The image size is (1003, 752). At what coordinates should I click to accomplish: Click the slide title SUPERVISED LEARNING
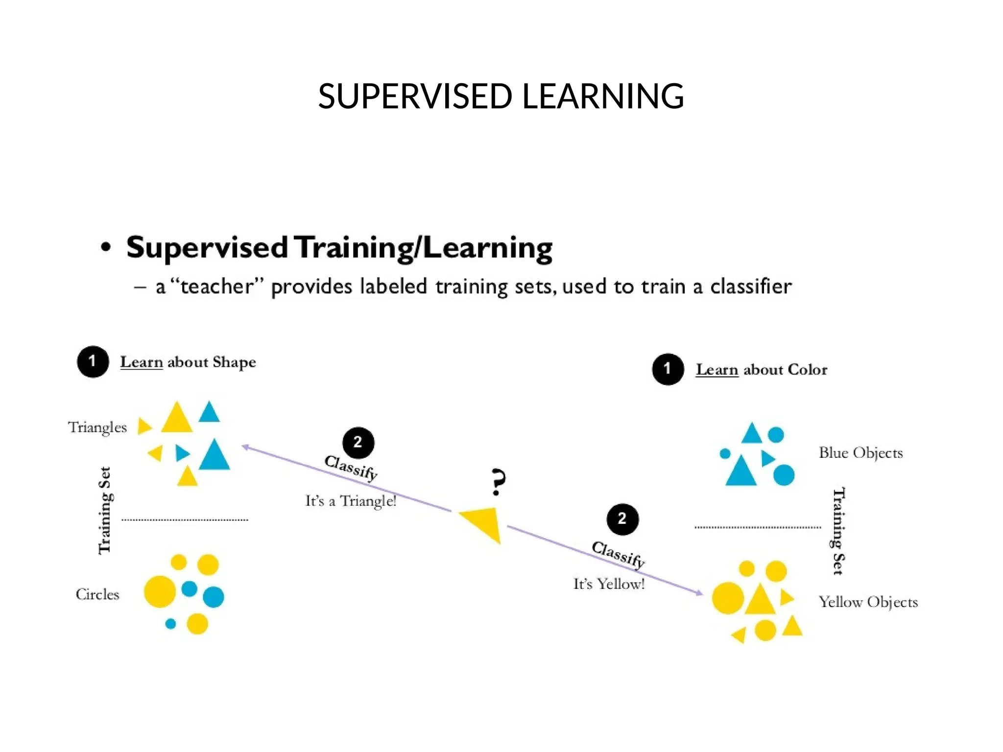501,96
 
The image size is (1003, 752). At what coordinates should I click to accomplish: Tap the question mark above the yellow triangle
498,482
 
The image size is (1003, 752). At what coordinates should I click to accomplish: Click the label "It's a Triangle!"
351,501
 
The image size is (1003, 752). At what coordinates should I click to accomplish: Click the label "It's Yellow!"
609,584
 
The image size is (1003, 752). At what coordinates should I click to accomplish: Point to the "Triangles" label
97,427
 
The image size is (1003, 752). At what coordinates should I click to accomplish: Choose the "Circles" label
97,594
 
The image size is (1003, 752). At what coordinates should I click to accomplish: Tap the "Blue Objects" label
860,452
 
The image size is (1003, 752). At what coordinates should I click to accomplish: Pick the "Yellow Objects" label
868,602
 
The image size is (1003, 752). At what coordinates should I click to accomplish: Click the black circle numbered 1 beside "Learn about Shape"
93,362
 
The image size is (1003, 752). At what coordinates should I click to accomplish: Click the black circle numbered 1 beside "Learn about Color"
668,369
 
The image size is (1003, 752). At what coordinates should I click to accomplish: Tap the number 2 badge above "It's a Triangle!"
358,443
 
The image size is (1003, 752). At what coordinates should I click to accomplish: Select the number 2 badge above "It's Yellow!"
622,519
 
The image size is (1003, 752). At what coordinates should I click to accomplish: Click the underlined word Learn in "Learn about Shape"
142,362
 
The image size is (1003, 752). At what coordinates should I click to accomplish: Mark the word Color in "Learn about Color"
807,370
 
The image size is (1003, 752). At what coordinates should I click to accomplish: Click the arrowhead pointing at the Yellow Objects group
699,593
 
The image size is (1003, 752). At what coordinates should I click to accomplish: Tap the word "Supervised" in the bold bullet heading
207,247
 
